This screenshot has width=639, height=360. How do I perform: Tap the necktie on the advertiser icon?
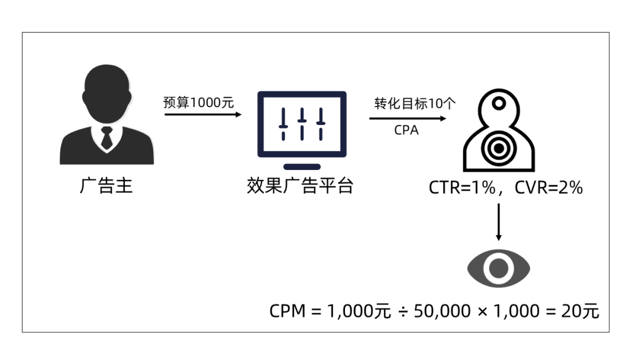(x=106, y=138)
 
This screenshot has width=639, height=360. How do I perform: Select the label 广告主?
(x=106, y=186)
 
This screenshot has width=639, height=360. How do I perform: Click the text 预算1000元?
(x=199, y=102)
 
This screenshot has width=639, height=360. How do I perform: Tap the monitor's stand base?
(x=302, y=167)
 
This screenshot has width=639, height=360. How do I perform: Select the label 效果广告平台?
(x=300, y=186)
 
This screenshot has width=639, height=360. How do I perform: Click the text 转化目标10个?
(x=415, y=104)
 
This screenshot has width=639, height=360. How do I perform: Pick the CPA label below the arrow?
(x=406, y=130)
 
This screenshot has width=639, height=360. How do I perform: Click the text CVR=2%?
(x=548, y=188)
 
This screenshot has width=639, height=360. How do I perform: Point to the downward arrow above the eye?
(x=498, y=222)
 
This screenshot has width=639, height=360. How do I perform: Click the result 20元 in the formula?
(x=580, y=311)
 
